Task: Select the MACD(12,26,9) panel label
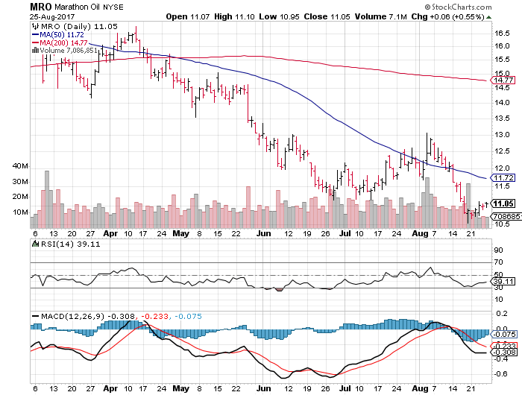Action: pos(69,316)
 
